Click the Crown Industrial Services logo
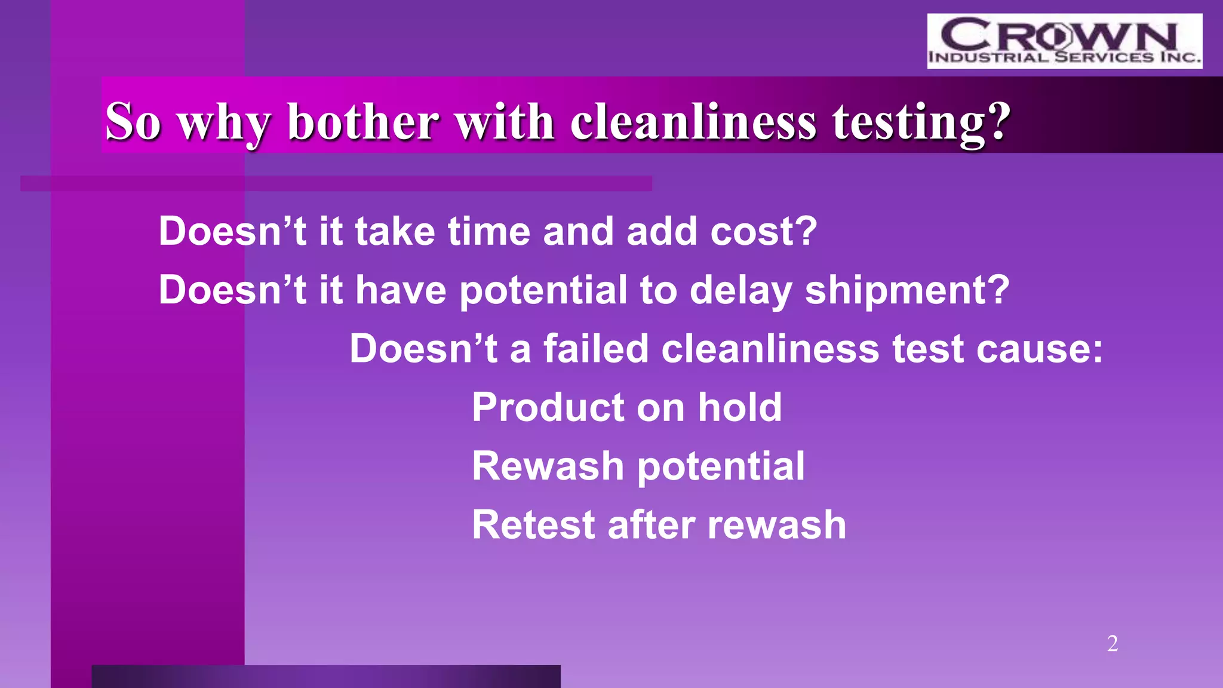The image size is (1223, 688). pyautogui.click(x=1064, y=41)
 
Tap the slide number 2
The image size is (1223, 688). pyautogui.click(x=1112, y=643)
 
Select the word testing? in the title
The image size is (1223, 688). pyautogui.click(x=921, y=122)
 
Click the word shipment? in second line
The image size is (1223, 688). pyautogui.click(x=907, y=290)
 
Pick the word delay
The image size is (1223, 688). pyautogui.click(x=740, y=290)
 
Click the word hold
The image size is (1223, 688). pyautogui.click(x=740, y=407)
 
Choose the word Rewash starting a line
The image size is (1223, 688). pyautogui.click(x=548, y=466)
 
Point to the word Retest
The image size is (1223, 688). pyautogui.click(x=533, y=525)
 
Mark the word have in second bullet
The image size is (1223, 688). pyautogui.click(x=401, y=290)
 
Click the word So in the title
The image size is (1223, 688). pyautogui.click(x=133, y=122)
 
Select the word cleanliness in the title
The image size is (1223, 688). pyautogui.click(x=693, y=122)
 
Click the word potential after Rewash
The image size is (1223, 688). pyautogui.click(x=721, y=467)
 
